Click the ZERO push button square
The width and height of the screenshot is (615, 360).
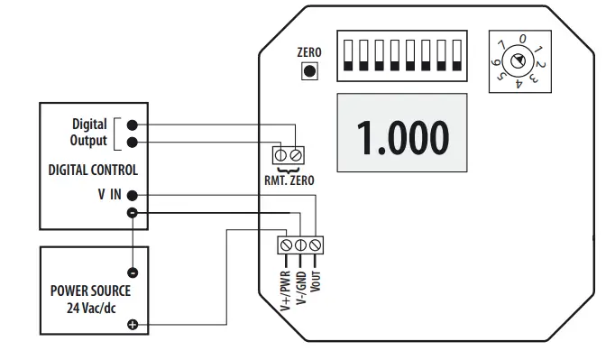309,70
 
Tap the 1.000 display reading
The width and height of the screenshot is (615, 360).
403,135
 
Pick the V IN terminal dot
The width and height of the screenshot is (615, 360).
133,195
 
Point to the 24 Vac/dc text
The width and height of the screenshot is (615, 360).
92,307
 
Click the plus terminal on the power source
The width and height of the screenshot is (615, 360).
133,324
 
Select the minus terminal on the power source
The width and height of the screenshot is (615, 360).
133,272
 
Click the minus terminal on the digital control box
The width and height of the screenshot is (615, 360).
133,213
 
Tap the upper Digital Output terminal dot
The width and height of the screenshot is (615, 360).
133,125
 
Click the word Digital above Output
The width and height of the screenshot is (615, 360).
89,124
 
